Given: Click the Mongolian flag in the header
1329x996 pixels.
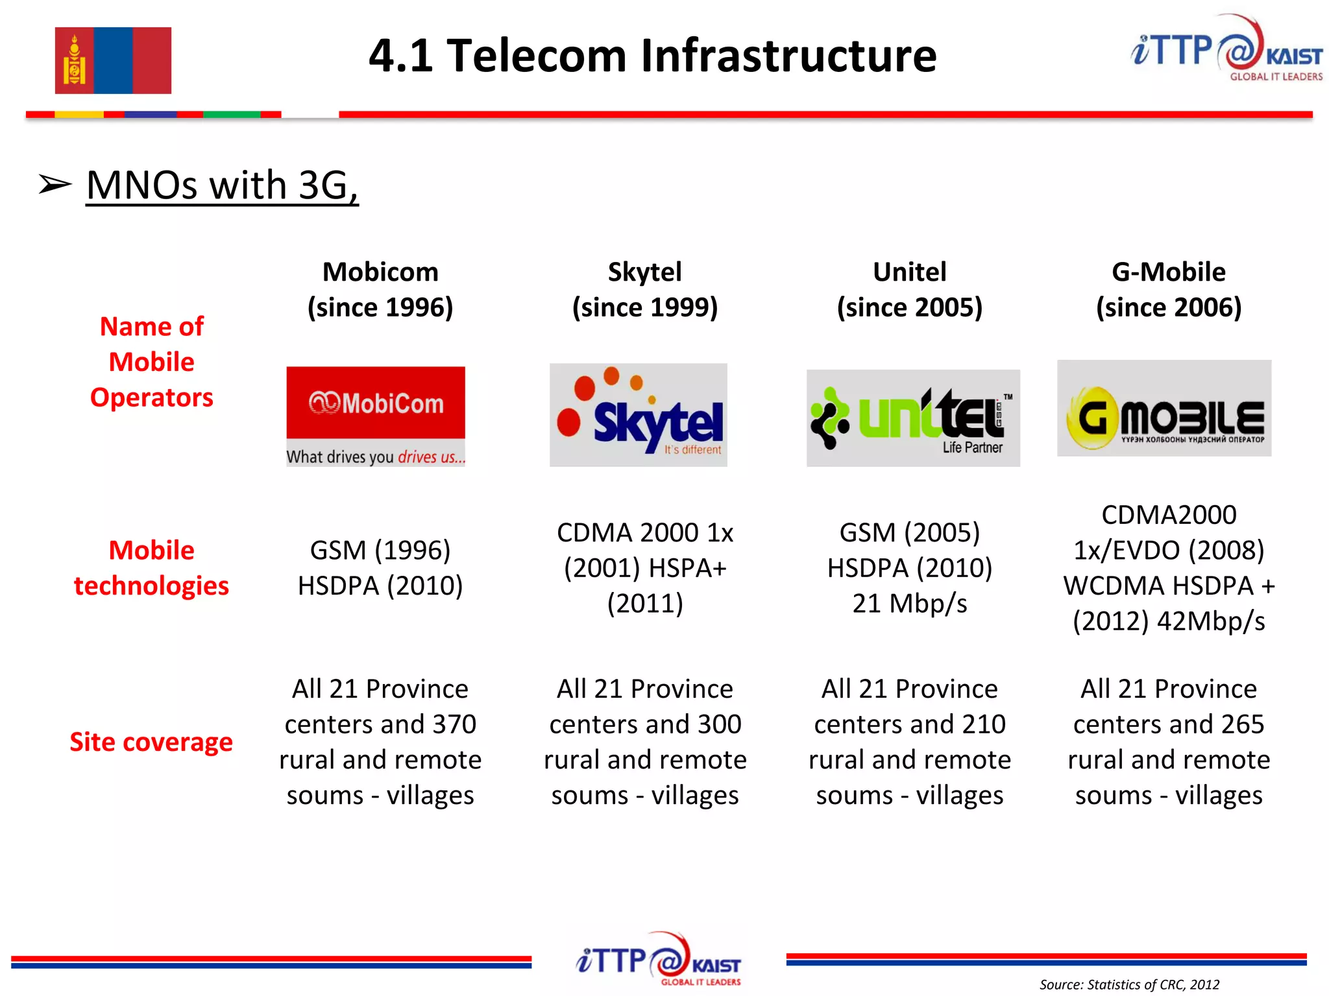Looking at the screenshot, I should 113,60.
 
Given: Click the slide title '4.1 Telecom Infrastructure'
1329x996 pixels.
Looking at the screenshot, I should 652,56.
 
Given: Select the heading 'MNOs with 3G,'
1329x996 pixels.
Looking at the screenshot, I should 222,185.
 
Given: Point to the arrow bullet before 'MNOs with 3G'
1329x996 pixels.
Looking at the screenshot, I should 55,185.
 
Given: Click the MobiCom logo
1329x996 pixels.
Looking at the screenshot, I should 376,416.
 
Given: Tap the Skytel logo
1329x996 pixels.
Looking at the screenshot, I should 638,415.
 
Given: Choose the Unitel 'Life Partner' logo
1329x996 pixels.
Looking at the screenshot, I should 912,418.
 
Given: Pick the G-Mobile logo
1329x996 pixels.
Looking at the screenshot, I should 1164,409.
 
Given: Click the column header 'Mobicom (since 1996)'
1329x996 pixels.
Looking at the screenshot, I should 380,289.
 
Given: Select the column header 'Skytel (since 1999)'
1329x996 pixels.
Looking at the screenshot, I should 645,289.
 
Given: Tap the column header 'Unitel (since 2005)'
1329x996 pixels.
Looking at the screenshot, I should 910,289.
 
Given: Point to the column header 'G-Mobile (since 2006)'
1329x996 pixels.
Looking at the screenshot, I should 1169,289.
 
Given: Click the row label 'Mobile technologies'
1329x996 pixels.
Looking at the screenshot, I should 152,568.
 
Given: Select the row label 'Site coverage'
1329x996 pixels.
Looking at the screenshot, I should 151,742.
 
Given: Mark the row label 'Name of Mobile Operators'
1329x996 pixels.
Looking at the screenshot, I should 152,362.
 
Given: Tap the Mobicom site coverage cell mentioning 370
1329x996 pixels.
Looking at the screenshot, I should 380,742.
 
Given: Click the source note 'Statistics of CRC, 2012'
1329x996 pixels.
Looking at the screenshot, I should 1129,984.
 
